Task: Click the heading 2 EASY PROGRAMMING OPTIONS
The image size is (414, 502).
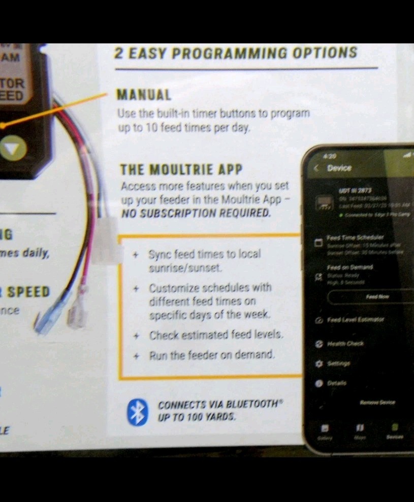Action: [236, 53]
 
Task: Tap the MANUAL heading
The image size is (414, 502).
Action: [144, 95]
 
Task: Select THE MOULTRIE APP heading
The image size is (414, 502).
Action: [181, 169]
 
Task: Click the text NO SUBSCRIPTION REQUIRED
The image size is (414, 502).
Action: [196, 213]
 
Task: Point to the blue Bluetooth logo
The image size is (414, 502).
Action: [137, 412]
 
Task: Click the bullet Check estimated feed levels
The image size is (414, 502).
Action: [216, 335]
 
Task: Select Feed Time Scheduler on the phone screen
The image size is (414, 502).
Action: [356, 237]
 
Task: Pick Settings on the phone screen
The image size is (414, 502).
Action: [339, 364]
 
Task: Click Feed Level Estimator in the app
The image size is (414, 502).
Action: [356, 320]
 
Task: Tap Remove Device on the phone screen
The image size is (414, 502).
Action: [377, 403]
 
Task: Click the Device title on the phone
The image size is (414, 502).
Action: [339, 168]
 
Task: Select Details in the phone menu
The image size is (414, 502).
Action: [336, 383]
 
